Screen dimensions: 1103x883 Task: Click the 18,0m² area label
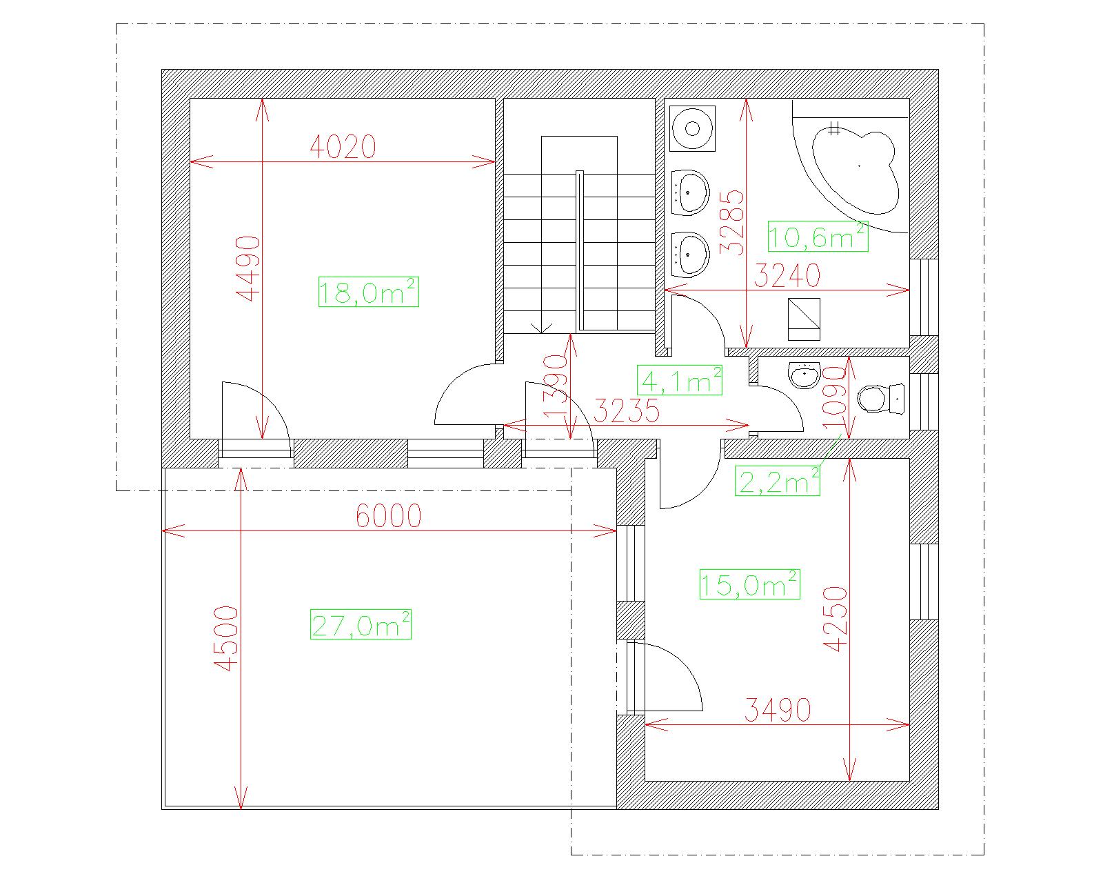[x=369, y=292]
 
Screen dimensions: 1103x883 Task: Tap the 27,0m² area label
[x=361, y=624]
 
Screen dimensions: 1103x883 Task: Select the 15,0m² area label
[x=750, y=584]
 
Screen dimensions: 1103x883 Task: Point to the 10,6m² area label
[x=818, y=237]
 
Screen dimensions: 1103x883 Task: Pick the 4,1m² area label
[x=680, y=380]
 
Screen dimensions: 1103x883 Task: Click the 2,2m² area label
[x=778, y=481]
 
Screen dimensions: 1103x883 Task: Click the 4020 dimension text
[x=343, y=147]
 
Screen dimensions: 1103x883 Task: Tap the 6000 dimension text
[x=389, y=515]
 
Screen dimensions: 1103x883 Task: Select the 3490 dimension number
[x=777, y=710]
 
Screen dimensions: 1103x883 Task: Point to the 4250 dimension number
[x=836, y=619]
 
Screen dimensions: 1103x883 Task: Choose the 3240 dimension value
[x=787, y=276]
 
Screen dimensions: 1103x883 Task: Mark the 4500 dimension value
[x=226, y=638]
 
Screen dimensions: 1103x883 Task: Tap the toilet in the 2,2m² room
[x=880, y=398]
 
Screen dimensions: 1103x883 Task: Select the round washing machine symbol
[x=692, y=128]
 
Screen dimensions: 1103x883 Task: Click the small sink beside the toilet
[x=805, y=375]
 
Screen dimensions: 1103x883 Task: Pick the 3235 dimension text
[x=627, y=411]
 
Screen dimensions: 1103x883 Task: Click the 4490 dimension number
[x=248, y=268]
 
